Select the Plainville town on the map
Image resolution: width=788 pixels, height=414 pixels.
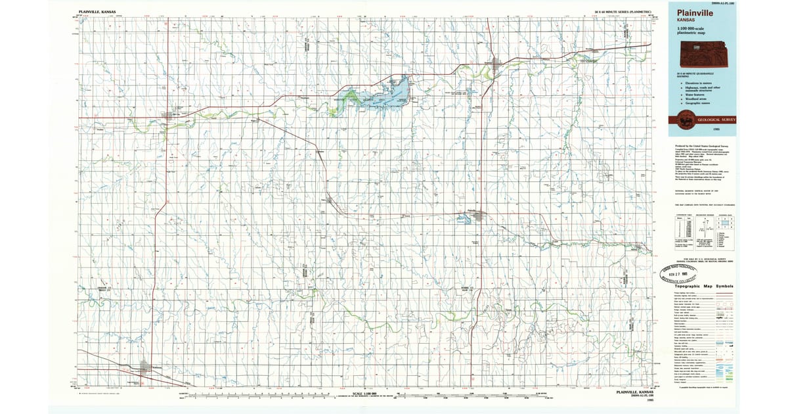[478, 214]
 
